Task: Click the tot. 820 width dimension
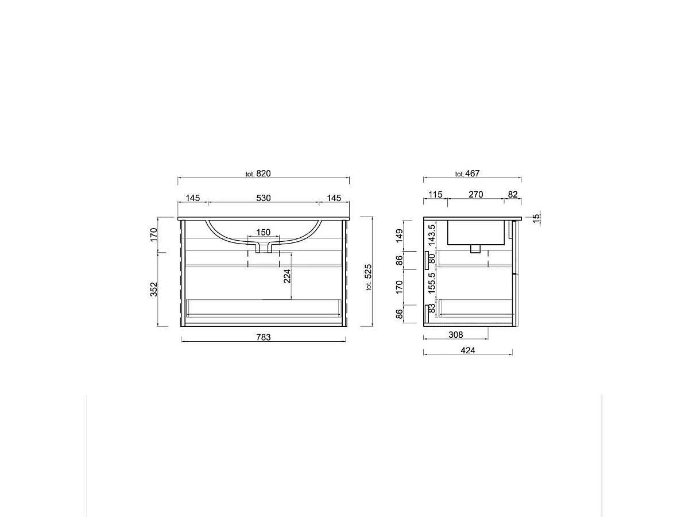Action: point(258,173)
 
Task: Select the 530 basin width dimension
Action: point(263,198)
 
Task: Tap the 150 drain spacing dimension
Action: point(263,232)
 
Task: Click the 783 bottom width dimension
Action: point(263,337)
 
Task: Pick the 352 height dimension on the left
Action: point(153,290)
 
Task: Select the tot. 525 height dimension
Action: point(369,277)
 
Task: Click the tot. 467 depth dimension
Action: point(467,173)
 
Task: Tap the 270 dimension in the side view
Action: point(475,195)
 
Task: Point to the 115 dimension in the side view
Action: point(435,195)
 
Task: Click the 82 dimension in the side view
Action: point(513,195)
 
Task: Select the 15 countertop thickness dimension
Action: point(536,218)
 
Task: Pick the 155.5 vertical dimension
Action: point(432,283)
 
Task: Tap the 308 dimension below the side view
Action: point(455,335)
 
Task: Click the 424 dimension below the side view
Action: point(468,350)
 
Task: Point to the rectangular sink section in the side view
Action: point(475,232)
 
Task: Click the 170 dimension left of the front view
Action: point(153,234)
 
